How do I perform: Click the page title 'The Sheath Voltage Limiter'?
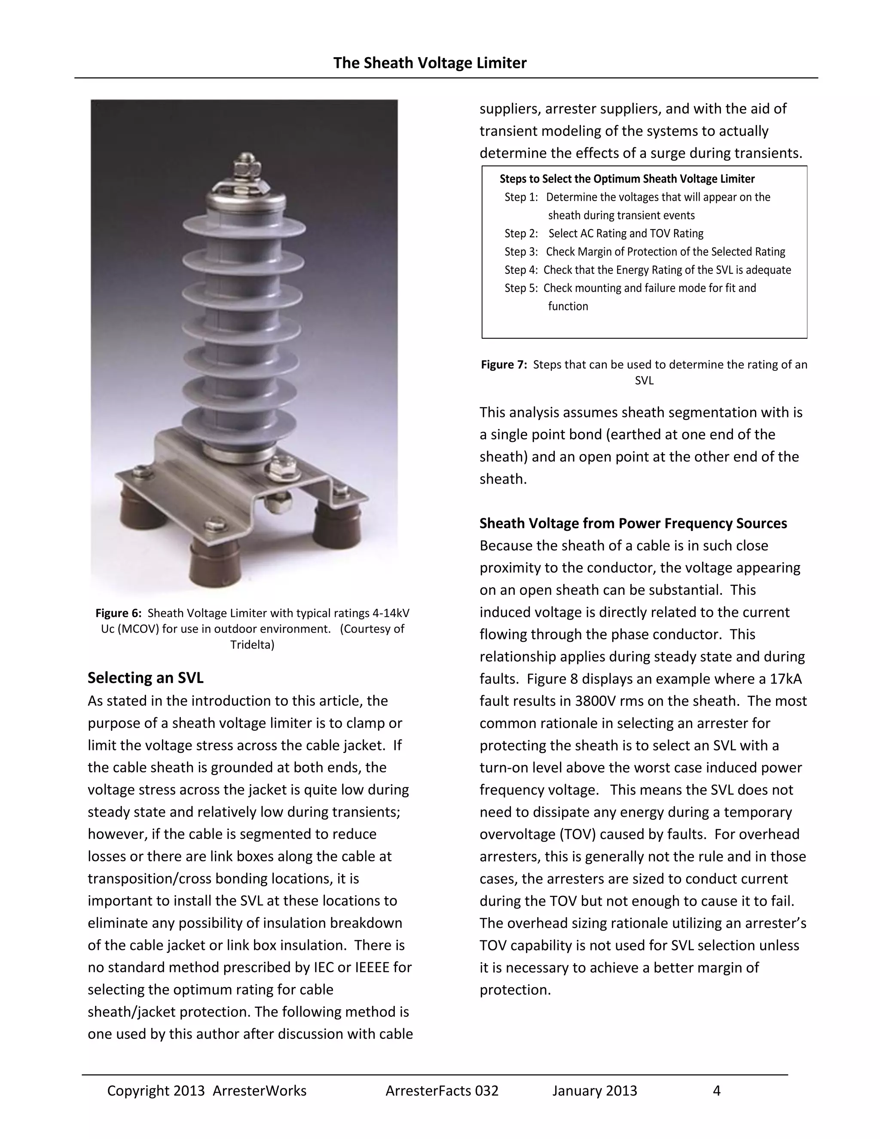click(x=430, y=63)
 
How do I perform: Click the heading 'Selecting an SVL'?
click(x=146, y=677)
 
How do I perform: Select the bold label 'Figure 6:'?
click(x=118, y=613)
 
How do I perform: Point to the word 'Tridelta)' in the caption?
click(x=252, y=645)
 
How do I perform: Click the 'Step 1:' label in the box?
click(x=521, y=197)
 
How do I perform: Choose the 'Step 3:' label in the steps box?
click(x=521, y=252)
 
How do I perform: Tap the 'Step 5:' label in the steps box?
click(x=521, y=288)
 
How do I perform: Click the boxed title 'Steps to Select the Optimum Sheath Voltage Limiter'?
click(x=626, y=179)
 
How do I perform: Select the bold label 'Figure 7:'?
click(x=504, y=364)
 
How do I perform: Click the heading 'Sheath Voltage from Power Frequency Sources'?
click(x=633, y=523)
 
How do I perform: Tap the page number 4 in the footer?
click(x=716, y=1090)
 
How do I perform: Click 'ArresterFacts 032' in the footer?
click(x=442, y=1090)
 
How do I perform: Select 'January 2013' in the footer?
click(x=594, y=1090)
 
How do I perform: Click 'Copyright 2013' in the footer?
click(x=156, y=1090)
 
